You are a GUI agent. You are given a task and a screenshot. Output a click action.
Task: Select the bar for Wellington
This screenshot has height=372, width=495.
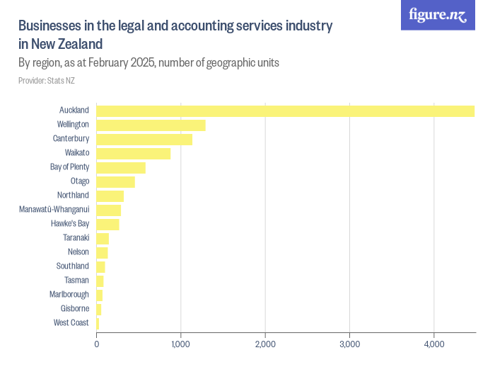tap(151, 125)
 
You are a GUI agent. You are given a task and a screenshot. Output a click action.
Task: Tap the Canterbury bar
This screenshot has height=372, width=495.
tap(144, 139)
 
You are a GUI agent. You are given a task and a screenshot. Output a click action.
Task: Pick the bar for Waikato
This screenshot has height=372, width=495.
tap(133, 153)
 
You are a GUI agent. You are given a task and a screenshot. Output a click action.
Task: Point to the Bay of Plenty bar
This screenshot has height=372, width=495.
tap(121, 167)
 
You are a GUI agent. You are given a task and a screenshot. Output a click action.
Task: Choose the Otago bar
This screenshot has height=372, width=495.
tap(115, 181)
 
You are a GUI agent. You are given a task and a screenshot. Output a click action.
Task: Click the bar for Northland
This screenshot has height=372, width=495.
tap(110, 196)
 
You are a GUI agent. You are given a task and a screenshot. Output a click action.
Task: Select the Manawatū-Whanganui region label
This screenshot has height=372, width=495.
tap(54, 210)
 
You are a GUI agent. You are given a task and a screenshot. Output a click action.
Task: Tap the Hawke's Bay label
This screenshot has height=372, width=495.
tap(70, 224)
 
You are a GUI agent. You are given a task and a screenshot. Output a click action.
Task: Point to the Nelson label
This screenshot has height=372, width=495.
tap(78, 252)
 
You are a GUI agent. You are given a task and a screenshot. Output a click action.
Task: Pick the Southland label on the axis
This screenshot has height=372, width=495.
tap(73, 266)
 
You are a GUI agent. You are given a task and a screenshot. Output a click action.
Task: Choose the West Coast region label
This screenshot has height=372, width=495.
tap(71, 323)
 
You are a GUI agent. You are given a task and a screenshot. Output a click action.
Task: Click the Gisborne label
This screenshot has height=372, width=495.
tap(75, 309)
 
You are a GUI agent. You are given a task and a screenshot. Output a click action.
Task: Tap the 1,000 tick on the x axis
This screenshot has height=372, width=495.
tap(181, 345)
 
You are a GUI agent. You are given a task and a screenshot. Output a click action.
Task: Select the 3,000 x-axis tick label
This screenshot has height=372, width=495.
tap(350, 345)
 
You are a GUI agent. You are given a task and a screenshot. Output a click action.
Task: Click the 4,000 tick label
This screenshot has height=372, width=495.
tap(434, 345)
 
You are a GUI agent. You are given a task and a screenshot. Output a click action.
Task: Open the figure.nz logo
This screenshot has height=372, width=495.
tap(438, 15)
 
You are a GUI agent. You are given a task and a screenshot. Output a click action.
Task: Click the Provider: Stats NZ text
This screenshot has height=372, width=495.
tap(47, 81)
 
